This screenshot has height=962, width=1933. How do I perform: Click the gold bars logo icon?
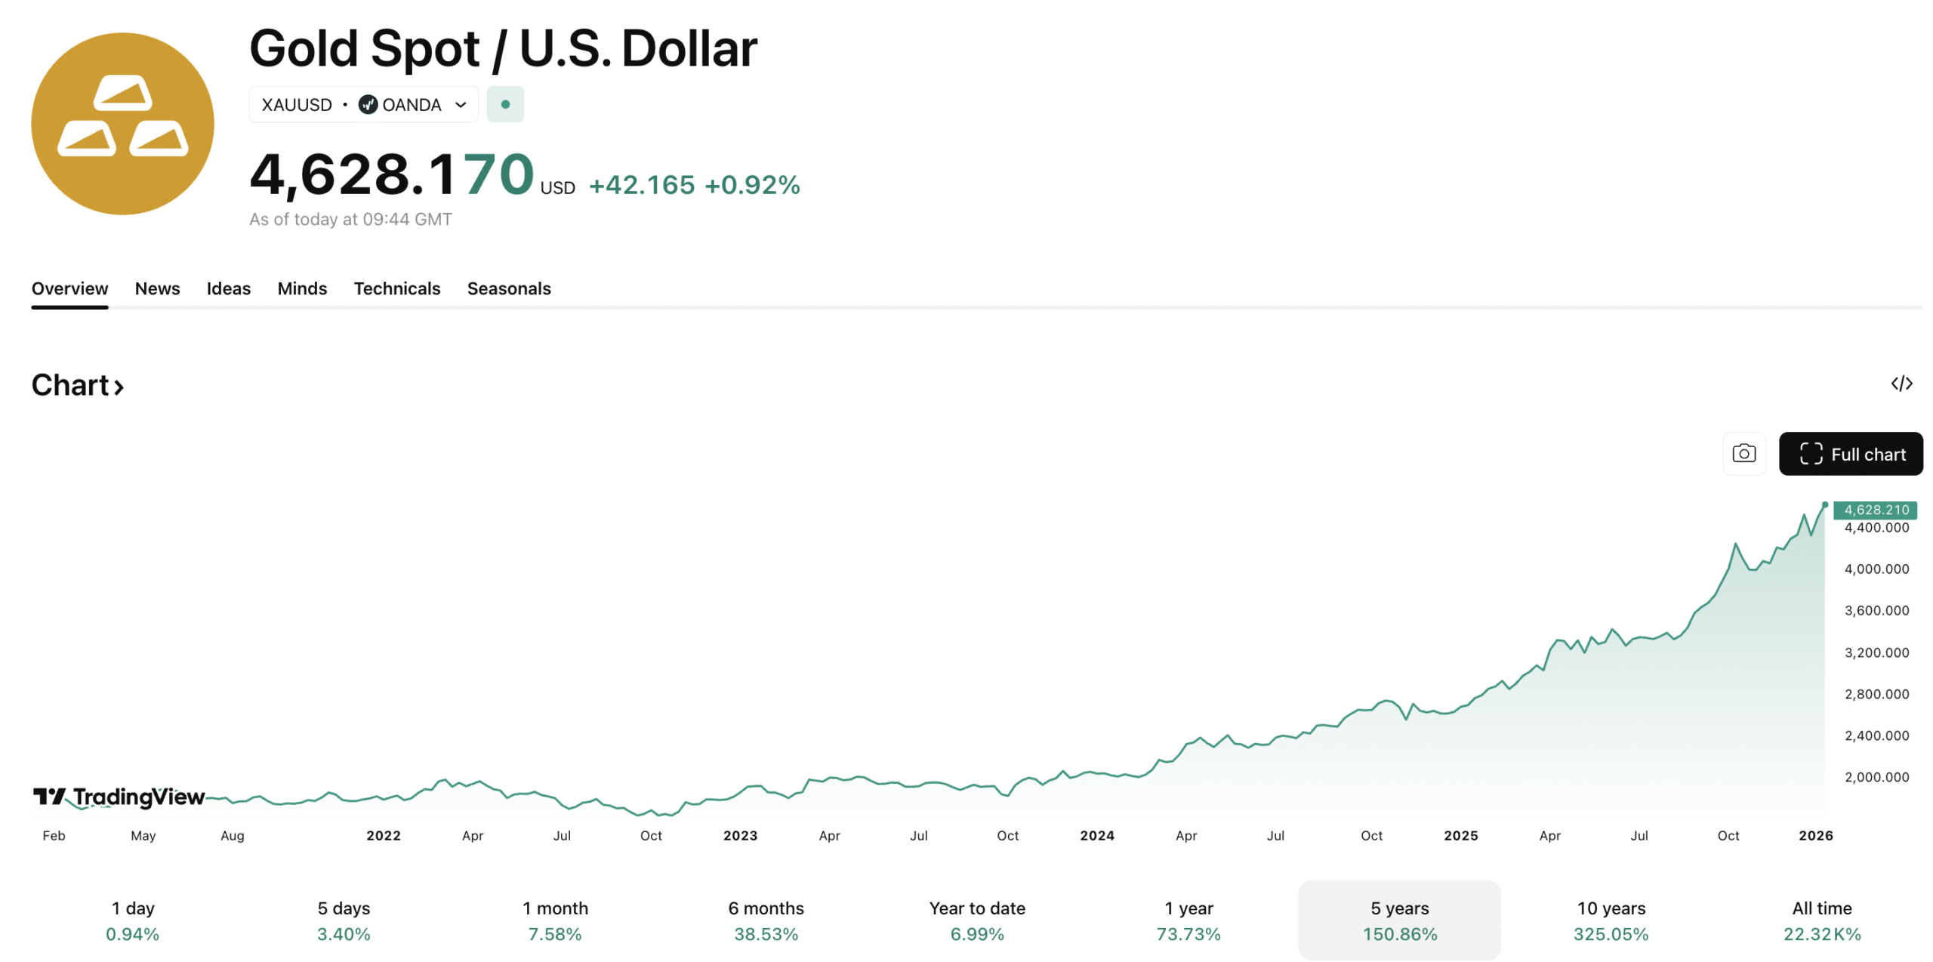[122, 123]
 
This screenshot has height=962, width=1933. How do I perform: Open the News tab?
[157, 288]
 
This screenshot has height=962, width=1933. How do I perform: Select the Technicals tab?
[396, 288]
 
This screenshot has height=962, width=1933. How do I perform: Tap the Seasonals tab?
[508, 288]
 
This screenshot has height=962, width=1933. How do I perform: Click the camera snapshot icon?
[1743, 454]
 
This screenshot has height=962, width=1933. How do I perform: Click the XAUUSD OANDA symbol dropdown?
[363, 104]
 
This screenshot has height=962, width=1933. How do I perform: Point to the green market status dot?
[505, 104]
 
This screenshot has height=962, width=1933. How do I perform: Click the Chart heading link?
[77, 385]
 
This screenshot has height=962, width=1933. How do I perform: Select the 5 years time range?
[1398, 920]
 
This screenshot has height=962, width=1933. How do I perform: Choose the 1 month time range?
[555, 920]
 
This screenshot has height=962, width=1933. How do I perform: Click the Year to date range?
[976, 920]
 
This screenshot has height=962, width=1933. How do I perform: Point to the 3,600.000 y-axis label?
[1876, 610]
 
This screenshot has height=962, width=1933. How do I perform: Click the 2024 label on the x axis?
[1096, 835]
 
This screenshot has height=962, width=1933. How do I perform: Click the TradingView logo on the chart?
[119, 797]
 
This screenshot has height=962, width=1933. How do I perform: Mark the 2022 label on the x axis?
[384, 835]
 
